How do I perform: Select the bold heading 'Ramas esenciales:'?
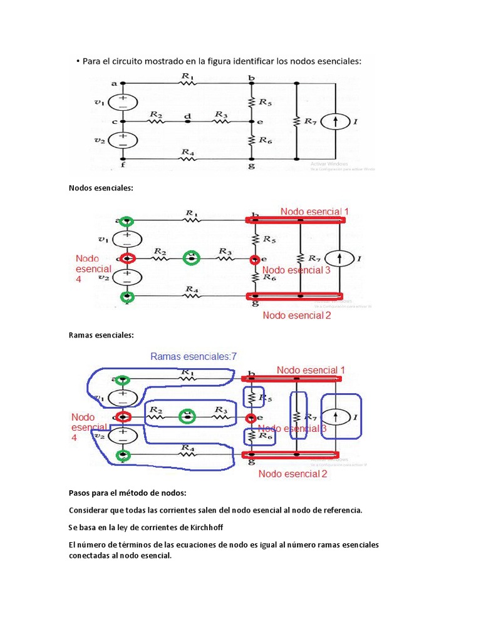101,335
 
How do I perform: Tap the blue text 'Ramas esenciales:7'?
194,356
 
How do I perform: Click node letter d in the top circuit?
187,116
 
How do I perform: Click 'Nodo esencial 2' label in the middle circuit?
296,315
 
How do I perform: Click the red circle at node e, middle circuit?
254,259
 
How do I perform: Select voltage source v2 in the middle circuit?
127,277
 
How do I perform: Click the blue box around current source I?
341,416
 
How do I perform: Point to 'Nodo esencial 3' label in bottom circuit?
292,429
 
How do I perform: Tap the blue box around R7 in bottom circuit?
299,416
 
